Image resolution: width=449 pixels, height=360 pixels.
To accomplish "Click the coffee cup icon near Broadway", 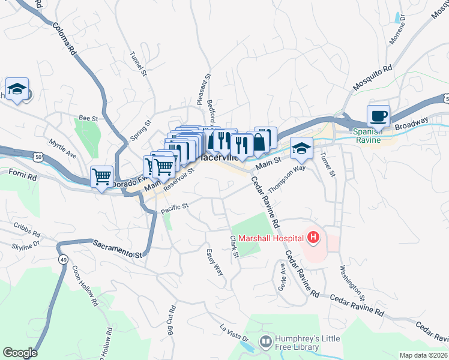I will [x=378, y=116].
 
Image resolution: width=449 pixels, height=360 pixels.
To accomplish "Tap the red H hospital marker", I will [x=313, y=238].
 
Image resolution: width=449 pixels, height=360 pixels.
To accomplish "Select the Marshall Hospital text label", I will [x=271, y=238].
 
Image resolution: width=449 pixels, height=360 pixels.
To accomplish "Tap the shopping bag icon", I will [x=259, y=143].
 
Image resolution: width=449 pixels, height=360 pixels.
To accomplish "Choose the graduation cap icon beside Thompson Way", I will [x=301, y=148].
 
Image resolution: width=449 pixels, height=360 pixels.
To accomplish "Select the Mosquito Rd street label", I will [x=372, y=78].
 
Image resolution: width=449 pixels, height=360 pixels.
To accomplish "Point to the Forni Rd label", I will [x=23, y=175].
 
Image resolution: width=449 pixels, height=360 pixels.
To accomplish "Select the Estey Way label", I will [x=215, y=262].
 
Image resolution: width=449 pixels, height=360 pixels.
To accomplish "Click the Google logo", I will [x=20, y=352].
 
